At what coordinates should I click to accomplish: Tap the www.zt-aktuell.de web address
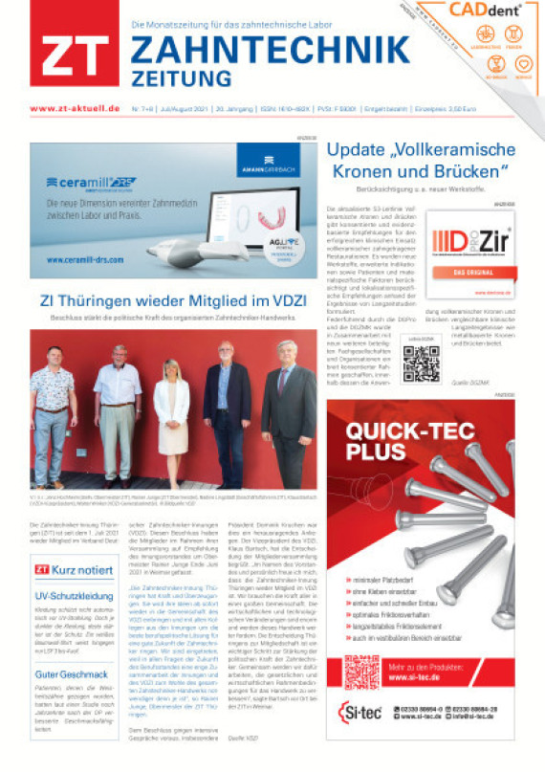pyautogui.click(x=75, y=109)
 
